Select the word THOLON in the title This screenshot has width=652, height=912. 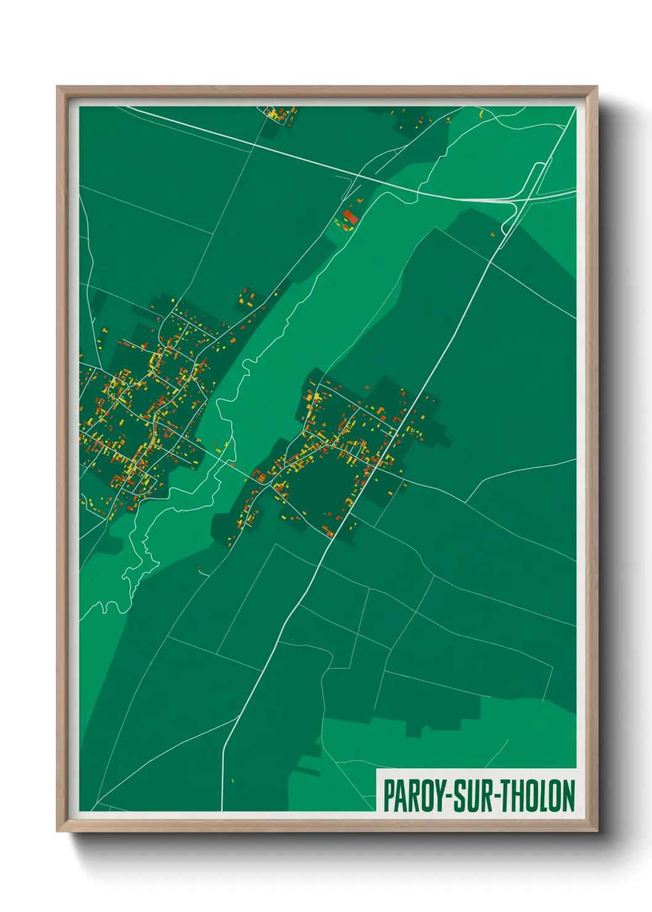[x=537, y=795]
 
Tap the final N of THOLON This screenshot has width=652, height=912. [x=568, y=795]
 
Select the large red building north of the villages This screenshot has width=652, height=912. [x=350, y=217]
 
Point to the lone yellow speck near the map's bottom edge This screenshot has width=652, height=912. [x=232, y=781]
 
